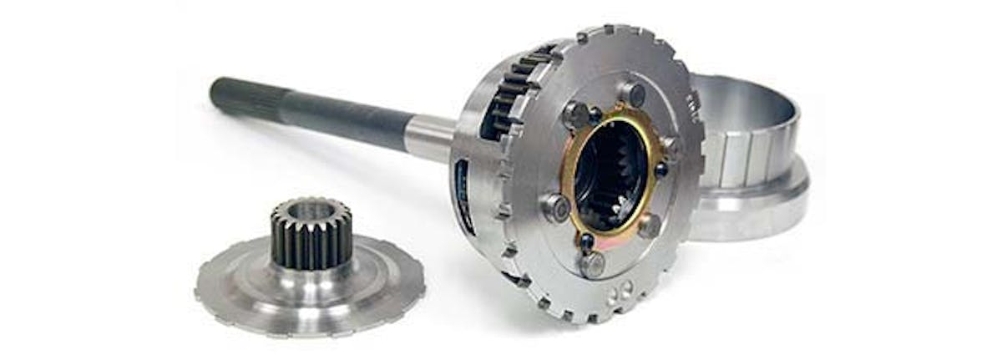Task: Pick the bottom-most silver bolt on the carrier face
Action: [592, 264]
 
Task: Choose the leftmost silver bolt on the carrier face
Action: [556, 207]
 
